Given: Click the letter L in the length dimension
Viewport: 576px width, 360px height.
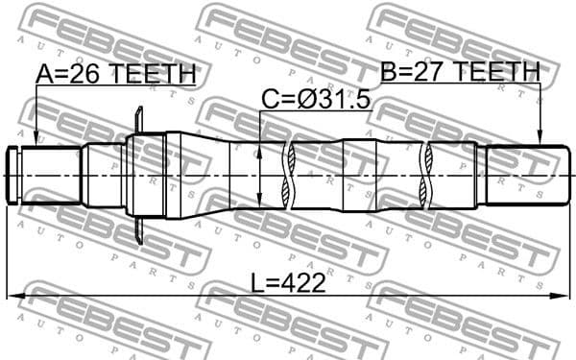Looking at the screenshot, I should click(x=256, y=283).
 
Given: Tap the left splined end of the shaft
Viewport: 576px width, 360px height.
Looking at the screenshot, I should click(x=21, y=175).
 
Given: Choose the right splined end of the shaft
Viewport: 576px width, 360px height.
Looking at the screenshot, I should click(x=523, y=175).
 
